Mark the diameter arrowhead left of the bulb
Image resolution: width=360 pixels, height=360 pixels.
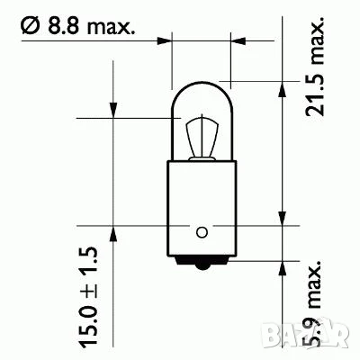tap(165, 40)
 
